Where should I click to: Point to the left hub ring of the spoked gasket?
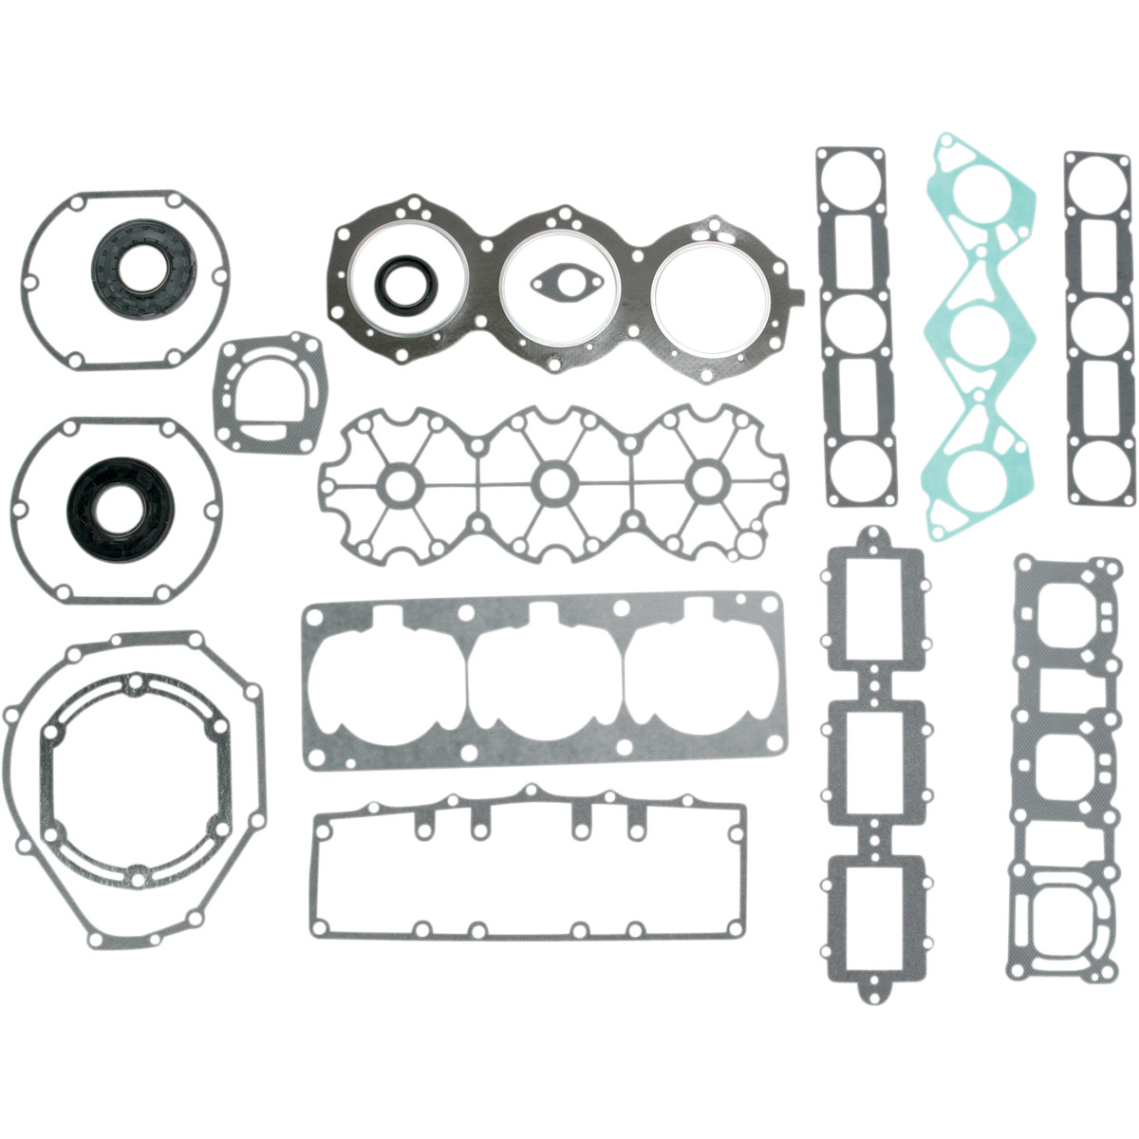point(396,481)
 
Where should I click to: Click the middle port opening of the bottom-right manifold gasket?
point(1062,769)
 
